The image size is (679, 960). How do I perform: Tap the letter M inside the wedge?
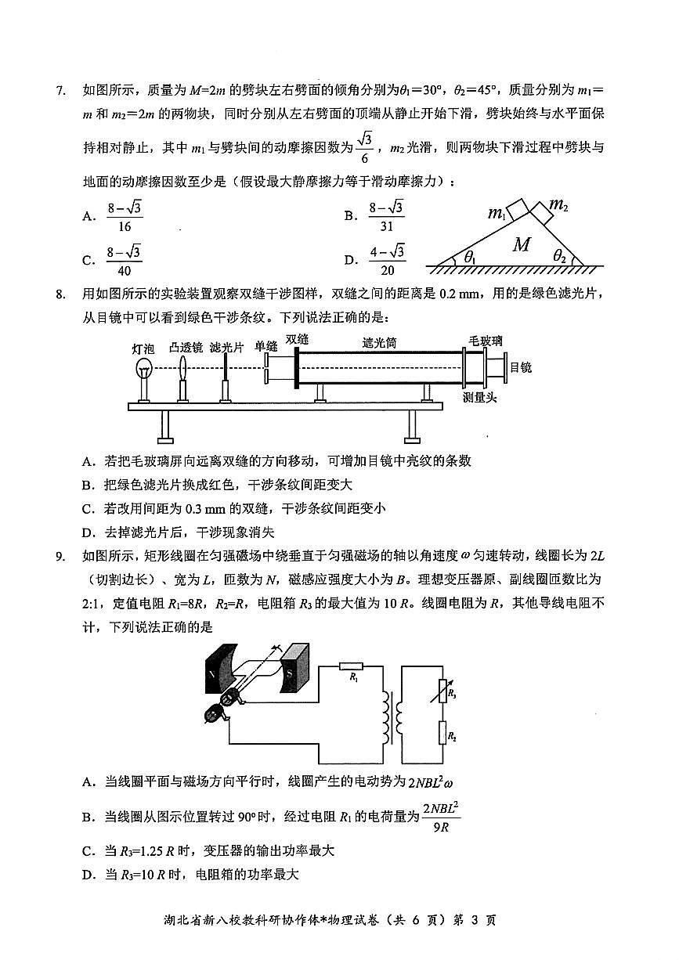(x=522, y=245)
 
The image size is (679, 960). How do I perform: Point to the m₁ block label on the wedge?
(x=496, y=213)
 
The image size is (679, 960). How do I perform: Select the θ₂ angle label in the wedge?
(x=560, y=255)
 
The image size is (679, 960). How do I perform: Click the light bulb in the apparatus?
(x=143, y=369)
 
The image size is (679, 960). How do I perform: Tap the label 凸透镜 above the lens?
(x=186, y=346)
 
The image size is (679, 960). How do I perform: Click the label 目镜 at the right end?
(x=521, y=366)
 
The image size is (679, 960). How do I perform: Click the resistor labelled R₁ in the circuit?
(x=354, y=667)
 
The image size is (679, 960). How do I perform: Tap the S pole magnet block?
(x=296, y=668)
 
